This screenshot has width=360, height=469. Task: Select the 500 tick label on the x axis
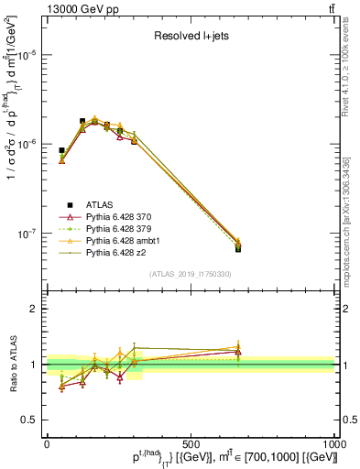[x=191, y=442]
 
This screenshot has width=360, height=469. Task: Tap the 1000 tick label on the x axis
[x=333, y=442]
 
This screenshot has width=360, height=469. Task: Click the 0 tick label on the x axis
[x=47, y=442]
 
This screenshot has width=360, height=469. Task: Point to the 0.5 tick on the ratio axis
[x=34, y=420]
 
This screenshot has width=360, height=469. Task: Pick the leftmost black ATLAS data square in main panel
[x=61, y=150]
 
